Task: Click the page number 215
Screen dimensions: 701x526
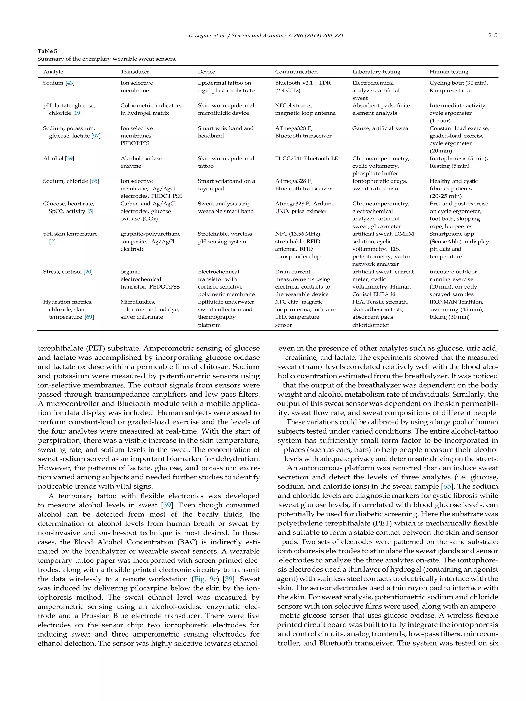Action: tap(492, 35)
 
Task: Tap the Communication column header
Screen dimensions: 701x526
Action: tap(296, 72)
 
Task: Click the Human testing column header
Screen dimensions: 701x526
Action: tap(449, 72)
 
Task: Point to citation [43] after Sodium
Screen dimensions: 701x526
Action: tap(70, 83)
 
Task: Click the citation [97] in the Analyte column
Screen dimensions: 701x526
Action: tap(96, 136)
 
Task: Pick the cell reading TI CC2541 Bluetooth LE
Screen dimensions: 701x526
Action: tap(306, 158)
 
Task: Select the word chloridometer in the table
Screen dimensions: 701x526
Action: tap(370, 325)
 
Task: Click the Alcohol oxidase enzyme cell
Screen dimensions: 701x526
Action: tap(141, 162)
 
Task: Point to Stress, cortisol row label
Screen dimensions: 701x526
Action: tap(63, 272)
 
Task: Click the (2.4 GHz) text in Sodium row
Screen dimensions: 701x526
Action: tap(288, 91)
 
